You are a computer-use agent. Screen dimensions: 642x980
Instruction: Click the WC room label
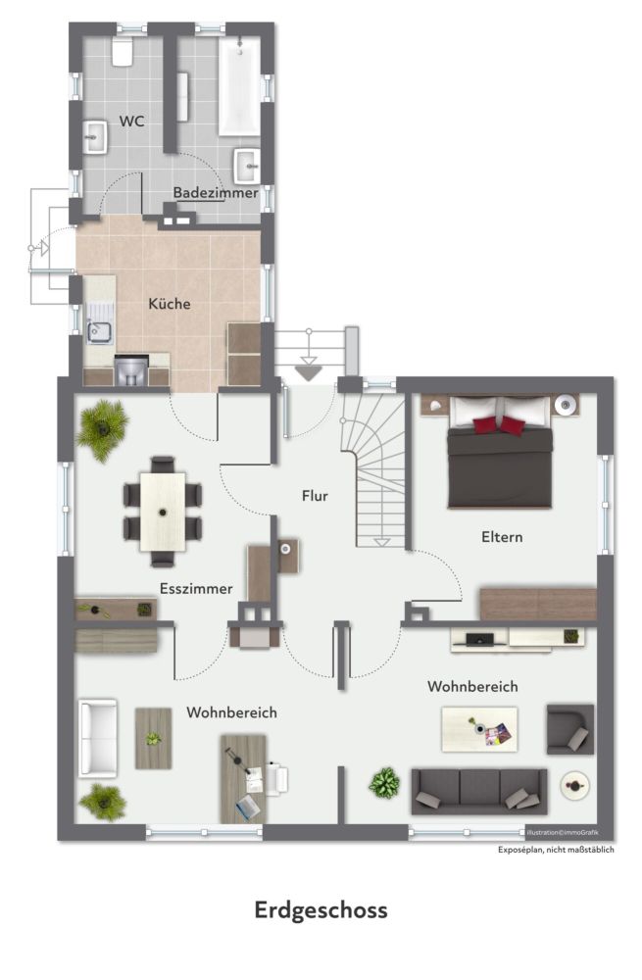tap(131, 122)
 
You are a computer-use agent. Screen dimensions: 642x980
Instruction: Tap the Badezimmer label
tap(216, 192)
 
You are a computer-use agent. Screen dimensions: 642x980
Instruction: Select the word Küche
tap(170, 304)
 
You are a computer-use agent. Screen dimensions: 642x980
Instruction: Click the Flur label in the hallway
tap(315, 496)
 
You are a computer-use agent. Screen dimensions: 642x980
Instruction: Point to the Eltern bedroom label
tap(502, 537)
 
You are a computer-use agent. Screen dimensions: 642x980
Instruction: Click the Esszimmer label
tap(196, 589)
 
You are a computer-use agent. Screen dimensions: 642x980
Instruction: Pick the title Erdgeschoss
tap(321, 910)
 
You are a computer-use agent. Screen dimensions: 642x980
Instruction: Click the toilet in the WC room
tap(123, 52)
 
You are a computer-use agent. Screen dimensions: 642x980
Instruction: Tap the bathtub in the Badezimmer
tap(239, 86)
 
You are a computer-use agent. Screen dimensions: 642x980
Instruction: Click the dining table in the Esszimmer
tap(163, 512)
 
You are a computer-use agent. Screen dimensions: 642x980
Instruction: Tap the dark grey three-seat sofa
tap(479, 791)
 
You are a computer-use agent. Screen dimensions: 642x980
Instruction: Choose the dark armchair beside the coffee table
tap(570, 729)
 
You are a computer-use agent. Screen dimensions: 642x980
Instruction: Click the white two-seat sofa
tap(97, 738)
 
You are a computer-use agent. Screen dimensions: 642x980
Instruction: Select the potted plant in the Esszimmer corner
tap(103, 429)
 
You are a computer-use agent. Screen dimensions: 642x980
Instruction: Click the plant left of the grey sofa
tap(384, 783)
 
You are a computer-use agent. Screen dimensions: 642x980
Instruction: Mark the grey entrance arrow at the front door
tap(308, 373)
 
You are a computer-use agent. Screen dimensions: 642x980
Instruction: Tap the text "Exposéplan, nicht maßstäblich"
tap(556, 850)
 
